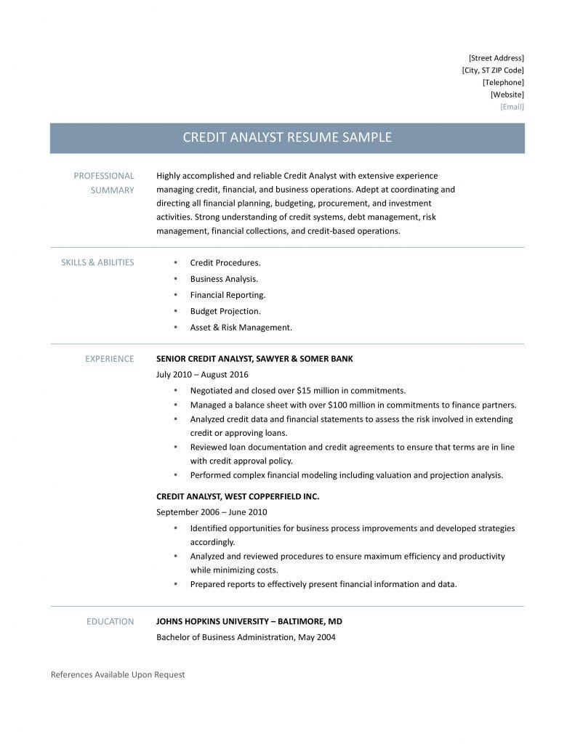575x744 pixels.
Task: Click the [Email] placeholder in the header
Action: pos(512,107)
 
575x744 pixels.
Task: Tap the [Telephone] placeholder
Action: pos(503,82)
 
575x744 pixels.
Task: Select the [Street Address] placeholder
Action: pos(496,57)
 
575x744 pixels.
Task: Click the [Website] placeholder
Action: pos(507,94)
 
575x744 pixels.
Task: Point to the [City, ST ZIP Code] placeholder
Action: pos(492,70)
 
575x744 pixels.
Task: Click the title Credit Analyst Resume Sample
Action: pos(286,137)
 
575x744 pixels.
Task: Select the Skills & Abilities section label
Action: pos(97,262)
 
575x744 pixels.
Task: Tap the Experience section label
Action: pos(109,358)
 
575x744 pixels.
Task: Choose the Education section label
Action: pos(110,621)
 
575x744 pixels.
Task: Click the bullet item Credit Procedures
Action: pos(225,262)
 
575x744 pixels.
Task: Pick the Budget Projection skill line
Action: pos(225,311)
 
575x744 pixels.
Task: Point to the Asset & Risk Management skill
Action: pos(241,327)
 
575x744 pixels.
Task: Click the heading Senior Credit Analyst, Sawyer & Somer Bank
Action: pos(254,358)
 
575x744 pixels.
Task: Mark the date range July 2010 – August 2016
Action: pos(202,374)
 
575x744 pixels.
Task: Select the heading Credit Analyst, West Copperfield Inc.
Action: pos(238,496)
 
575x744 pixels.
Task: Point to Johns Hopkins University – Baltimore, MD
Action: pos(249,621)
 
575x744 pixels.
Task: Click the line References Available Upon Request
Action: pos(118,674)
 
